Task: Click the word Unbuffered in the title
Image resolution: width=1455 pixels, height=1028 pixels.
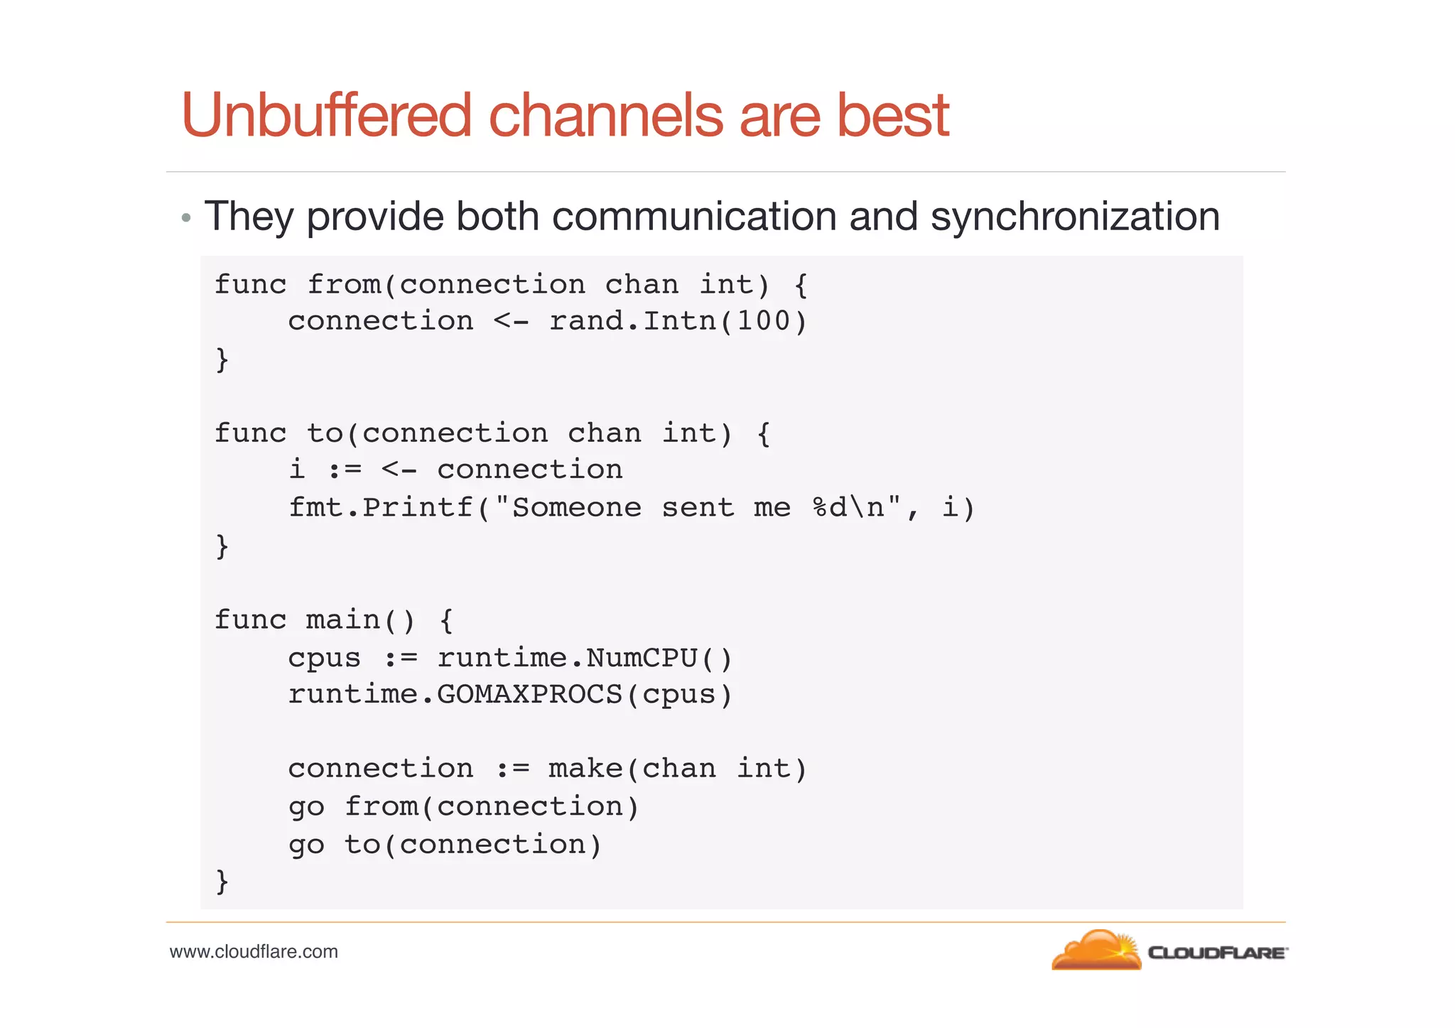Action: [x=326, y=116]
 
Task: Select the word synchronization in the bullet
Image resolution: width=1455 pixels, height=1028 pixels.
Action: [x=1075, y=216]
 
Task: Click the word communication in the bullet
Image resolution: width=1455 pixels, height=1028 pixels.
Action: [x=693, y=216]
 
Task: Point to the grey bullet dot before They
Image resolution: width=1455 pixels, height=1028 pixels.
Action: [x=186, y=218]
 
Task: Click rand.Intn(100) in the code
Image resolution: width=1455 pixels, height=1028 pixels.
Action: [x=678, y=321]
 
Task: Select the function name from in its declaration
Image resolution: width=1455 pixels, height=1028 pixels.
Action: [x=344, y=285]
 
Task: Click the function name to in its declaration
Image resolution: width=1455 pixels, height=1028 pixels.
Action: [x=325, y=433]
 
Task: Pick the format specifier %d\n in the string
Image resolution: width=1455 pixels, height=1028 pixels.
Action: [x=848, y=508]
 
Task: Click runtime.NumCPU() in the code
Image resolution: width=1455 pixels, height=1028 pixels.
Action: [x=584, y=658]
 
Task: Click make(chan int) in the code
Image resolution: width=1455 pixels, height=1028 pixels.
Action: [x=678, y=769]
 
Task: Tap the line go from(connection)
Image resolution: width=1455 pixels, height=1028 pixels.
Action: [x=463, y=807]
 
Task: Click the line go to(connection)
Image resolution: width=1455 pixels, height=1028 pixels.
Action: [x=445, y=845]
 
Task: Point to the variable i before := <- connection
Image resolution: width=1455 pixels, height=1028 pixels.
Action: [x=297, y=470]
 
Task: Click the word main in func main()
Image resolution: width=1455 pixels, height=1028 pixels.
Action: [x=343, y=620]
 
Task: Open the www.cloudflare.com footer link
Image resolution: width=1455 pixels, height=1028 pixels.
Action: [x=254, y=952]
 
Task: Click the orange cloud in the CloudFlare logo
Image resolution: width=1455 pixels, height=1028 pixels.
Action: [x=1093, y=952]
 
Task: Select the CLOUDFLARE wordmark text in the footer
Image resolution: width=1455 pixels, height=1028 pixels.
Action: [x=1216, y=953]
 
